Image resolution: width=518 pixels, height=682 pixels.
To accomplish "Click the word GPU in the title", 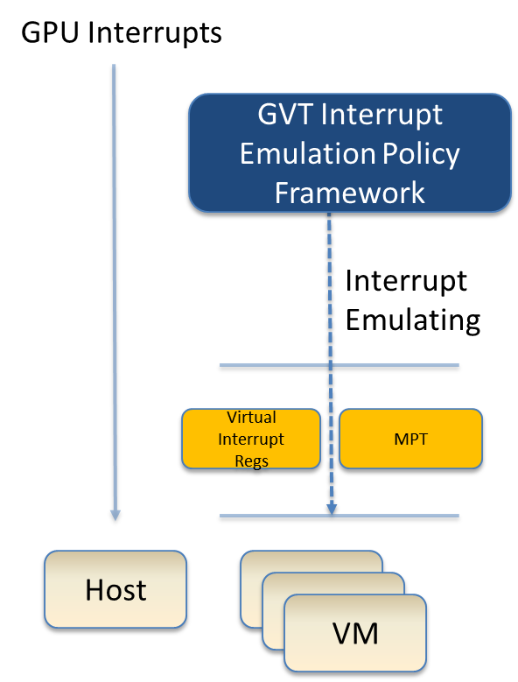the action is (x=50, y=32).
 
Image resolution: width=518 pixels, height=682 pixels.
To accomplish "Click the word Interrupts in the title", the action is (x=155, y=32).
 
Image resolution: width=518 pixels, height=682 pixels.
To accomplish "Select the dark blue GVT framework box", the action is (x=350, y=152).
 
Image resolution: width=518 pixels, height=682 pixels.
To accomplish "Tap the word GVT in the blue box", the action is (x=284, y=115).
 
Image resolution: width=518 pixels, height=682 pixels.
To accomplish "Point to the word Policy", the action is (x=421, y=154).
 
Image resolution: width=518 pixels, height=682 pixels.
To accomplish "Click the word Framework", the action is (x=350, y=193).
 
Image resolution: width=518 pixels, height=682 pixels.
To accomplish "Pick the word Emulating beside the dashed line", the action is (x=413, y=320).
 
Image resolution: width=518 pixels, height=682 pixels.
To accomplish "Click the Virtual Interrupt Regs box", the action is (x=251, y=439).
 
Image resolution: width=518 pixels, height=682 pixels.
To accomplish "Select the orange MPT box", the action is (x=410, y=439).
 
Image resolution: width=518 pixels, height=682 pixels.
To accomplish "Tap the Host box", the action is (x=115, y=589).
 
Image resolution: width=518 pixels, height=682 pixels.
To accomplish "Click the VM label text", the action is (x=355, y=633).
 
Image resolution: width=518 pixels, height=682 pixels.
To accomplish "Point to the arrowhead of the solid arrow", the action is (x=115, y=515).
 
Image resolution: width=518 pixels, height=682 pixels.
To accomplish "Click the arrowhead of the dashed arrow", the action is (x=332, y=509).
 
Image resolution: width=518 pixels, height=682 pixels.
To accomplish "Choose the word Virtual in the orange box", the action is (x=251, y=417).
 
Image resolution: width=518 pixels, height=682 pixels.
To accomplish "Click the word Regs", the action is (x=252, y=461).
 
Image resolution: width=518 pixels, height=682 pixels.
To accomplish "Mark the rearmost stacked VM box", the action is (x=311, y=561).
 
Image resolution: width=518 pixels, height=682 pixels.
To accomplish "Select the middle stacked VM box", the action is (x=333, y=583).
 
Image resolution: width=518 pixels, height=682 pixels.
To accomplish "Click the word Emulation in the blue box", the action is (x=308, y=153).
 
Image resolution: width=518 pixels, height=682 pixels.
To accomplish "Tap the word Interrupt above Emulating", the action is (x=406, y=281).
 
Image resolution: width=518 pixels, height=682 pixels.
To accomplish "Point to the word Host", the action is (x=116, y=590).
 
